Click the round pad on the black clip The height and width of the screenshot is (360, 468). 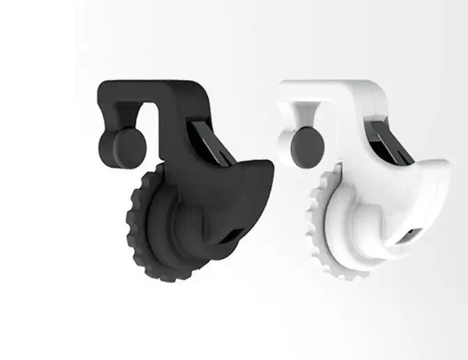pos(130,144)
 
